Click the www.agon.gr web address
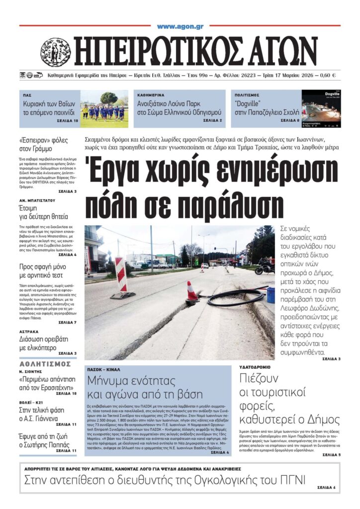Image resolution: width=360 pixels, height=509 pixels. click(x=180, y=26)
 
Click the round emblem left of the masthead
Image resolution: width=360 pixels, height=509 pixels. click(x=55, y=52)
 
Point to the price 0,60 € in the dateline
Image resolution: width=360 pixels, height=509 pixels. click(x=327, y=76)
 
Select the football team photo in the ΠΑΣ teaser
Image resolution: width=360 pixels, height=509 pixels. click(x=104, y=108)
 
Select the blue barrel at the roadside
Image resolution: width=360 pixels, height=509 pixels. click(x=271, y=294)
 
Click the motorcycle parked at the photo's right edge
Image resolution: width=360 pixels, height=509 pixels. click(x=265, y=267)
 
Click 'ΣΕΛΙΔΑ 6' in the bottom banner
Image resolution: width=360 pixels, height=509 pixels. click(x=326, y=487)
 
